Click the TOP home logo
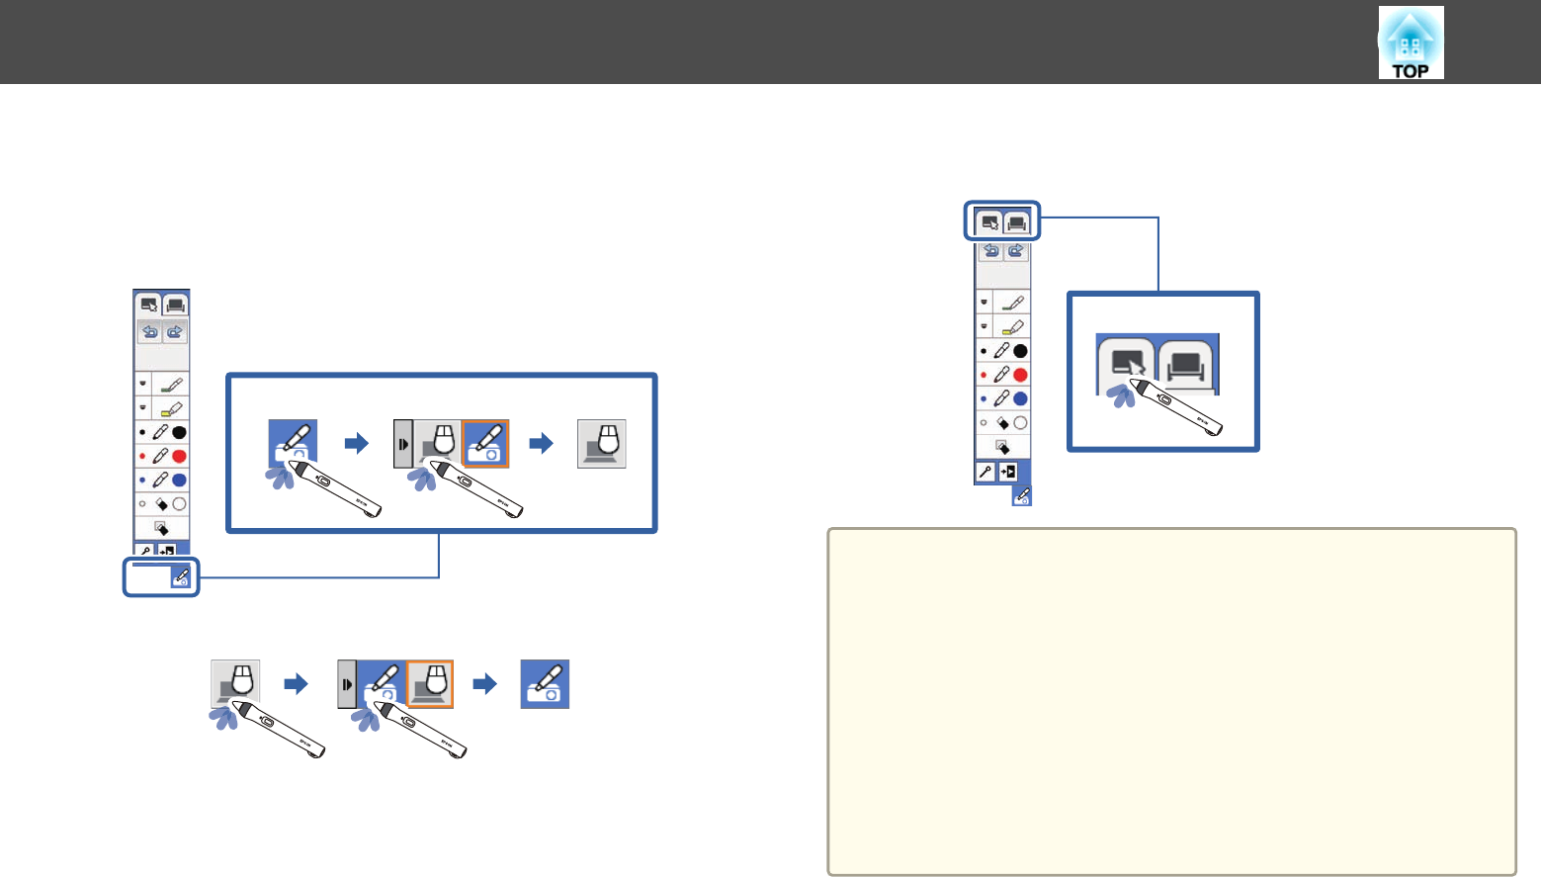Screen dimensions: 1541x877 point(1411,44)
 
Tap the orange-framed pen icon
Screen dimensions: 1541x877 point(485,443)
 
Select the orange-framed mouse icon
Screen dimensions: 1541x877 point(430,683)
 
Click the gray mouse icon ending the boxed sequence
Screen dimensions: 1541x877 point(602,444)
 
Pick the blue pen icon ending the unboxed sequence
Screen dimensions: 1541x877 point(545,684)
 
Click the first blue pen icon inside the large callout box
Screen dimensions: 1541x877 point(293,443)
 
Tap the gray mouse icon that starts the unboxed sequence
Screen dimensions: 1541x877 point(235,683)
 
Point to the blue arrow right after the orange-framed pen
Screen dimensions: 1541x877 point(542,444)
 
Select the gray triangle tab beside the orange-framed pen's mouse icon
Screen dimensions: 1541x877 point(402,444)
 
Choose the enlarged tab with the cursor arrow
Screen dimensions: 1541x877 point(1126,364)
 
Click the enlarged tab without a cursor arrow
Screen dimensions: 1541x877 point(1186,365)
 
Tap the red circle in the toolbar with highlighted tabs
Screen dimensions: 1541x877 point(1020,375)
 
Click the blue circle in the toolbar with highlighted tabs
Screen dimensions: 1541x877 point(1020,398)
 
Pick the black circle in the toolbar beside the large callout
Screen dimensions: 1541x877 point(179,432)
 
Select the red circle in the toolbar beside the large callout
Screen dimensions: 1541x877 point(179,456)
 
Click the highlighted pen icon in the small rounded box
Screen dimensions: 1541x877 point(180,577)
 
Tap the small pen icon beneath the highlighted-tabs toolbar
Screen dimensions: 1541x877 point(1022,495)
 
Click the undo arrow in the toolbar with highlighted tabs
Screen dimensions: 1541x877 point(991,250)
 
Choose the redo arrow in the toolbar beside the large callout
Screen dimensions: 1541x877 point(175,331)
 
